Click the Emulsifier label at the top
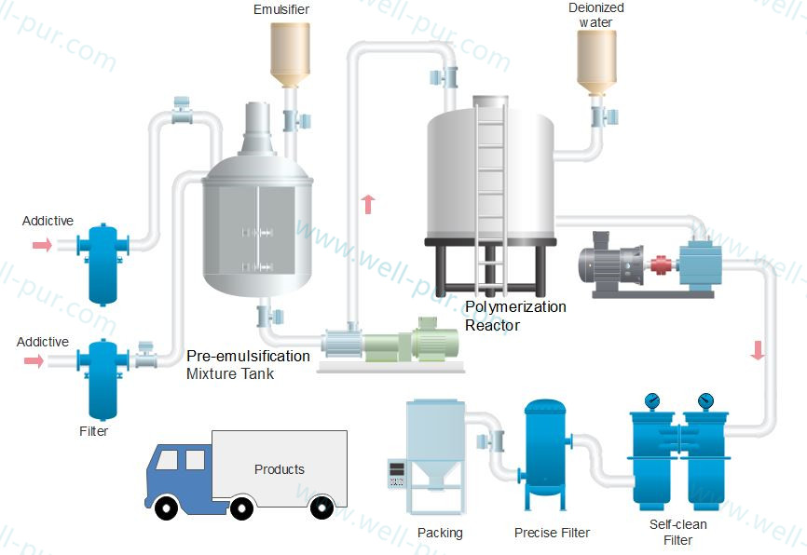281,10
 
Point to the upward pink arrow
368,204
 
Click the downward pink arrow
758,350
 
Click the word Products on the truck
280,469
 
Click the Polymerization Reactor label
515,316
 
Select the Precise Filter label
552,534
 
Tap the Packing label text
440,534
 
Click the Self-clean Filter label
678,533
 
